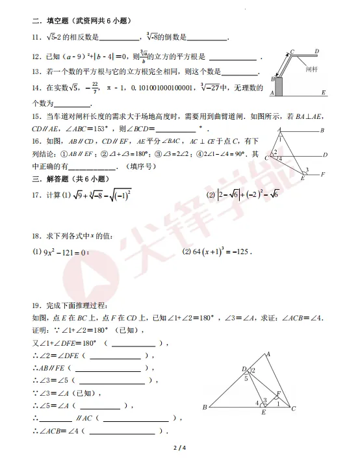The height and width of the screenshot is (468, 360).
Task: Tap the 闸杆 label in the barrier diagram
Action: pyautogui.click(x=310, y=69)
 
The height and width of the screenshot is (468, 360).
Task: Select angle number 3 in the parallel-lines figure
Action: pyautogui.click(x=307, y=170)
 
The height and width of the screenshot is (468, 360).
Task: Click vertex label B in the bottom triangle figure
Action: pyautogui.click(x=205, y=408)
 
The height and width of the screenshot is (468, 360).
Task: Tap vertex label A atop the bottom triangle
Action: pyautogui.click(x=268, y=354)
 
